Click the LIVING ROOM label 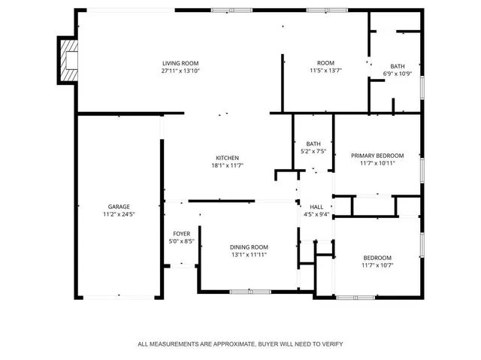(x=180, y=63)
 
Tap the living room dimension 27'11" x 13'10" (x=180, y=71)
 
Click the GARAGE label (x=119, y=206)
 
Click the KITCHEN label (x=228, y=158)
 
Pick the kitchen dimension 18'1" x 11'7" (x=228, y=165)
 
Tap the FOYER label (x=181, y=234)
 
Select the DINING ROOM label (x=249, y=247)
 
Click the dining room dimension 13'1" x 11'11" (x=249, y=255)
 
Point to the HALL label (x=316, y=207)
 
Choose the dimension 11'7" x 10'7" (x=377, y=265)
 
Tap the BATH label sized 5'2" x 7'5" (x=313, y=144)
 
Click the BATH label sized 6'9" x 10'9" (x=398, y=66)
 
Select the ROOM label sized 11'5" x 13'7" (x=325, y=63)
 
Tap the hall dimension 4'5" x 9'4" (x=316, y=214)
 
